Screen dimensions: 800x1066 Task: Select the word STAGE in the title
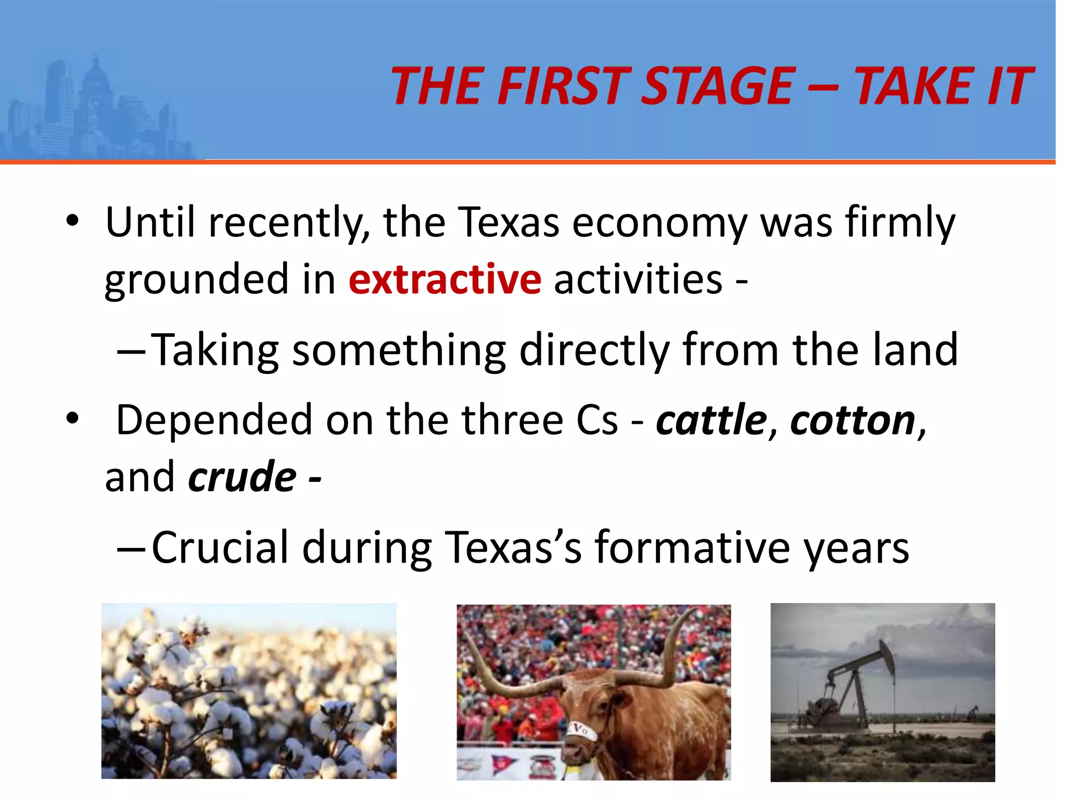coord(718,86)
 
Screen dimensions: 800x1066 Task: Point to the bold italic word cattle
coord(711,420)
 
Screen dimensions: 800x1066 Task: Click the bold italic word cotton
coord(853,420)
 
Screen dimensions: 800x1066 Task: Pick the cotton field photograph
coord(249,691)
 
